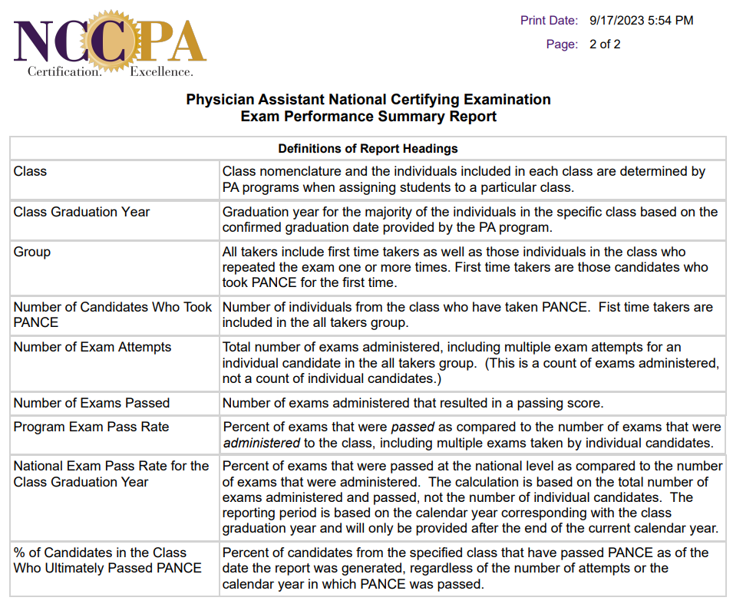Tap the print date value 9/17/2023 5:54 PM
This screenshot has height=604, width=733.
tap(641, 21)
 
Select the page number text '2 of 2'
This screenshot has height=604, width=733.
tap(605, 45)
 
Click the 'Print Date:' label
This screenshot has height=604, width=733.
tap(549, 21)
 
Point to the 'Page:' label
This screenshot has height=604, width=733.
tap(562, 45)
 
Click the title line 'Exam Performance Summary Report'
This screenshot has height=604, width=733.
tap(368, 117)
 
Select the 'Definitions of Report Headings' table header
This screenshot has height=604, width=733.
tap(368, 148)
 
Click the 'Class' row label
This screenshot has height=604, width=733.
tap(30, 172)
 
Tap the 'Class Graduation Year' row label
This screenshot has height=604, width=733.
tap(81, 212)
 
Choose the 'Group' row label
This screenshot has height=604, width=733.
tap(31, 252)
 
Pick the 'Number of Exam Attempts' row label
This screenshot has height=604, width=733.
tap(91, 347)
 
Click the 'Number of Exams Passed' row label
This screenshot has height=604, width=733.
tap(91, 403)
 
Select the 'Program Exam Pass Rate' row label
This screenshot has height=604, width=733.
tap(91, 427)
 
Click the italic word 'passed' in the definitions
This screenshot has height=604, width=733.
tap(413, 427)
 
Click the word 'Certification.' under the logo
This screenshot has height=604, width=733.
tap(64, 71)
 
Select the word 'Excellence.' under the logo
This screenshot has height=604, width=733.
tap(161, 71)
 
